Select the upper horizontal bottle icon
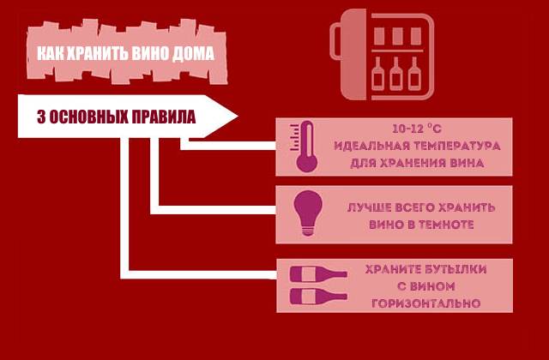point(317,275)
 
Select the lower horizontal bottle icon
point(317,295)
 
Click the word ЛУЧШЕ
point(369,207)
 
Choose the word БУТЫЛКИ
point(455,269)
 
